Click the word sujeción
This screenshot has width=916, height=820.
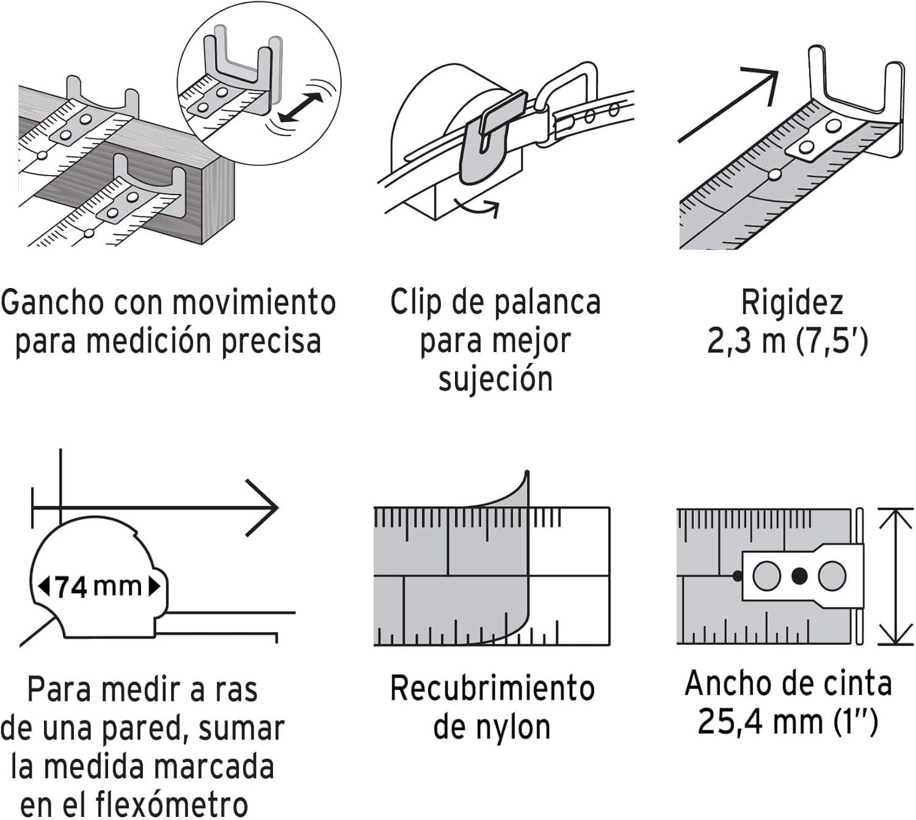pyautogui.click(x=495, y=379)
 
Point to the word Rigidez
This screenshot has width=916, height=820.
pyautogui.click(x=791, y=303)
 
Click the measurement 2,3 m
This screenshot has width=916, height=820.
pyautogui.click(x=746, y=342)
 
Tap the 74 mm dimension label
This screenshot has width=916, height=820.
pyautogui.click(x=98, y=587)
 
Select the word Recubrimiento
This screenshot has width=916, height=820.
pyautogui.click(x=492, y=689)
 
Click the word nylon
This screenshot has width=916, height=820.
pyautogui.click(x=511, y=727)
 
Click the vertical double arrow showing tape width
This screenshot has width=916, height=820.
pyautogui.click(x=895, y=576)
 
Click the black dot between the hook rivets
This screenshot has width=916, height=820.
pyautogui.click(x=799, y=576)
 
